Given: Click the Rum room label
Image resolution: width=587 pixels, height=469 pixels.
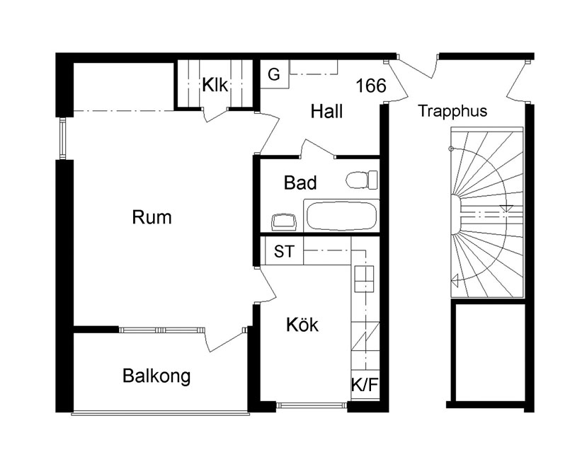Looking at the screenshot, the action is point(152,217).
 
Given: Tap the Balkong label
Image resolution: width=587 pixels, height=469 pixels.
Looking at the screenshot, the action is point(156,376).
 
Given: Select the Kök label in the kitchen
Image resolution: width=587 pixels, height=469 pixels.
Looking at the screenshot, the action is point(302,325).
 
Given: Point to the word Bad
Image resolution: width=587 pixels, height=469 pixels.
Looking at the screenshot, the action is point(300,183).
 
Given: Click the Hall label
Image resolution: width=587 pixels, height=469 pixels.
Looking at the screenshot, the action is point(326,112).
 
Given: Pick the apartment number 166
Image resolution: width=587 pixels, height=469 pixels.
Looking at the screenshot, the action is point(370,86).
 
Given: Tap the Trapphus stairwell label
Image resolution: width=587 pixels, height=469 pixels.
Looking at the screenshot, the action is point(452,111).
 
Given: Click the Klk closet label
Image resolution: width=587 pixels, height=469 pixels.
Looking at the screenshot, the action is point(215,85).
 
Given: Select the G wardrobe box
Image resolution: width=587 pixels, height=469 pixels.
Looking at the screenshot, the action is point(275,74).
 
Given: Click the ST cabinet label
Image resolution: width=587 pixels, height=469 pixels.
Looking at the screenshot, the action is point(284,251).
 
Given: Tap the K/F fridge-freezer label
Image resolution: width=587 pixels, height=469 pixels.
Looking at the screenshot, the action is point(365,385).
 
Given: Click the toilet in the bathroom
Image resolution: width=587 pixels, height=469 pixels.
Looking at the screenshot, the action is point(362,180).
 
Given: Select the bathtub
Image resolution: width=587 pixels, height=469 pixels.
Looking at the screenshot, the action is point(341,216).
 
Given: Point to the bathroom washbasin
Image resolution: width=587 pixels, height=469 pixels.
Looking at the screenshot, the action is point(284,222).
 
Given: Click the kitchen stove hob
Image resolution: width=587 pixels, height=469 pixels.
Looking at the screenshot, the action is point(364,279).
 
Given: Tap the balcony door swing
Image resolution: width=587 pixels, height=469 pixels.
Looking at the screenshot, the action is point(225,338).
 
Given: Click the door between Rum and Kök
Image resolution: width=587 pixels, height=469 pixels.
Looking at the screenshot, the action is point(266,285).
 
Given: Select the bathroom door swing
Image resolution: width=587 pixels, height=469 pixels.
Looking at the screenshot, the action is point(317,149).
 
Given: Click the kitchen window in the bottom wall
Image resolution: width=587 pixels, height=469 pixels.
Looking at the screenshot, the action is point(312,405).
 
